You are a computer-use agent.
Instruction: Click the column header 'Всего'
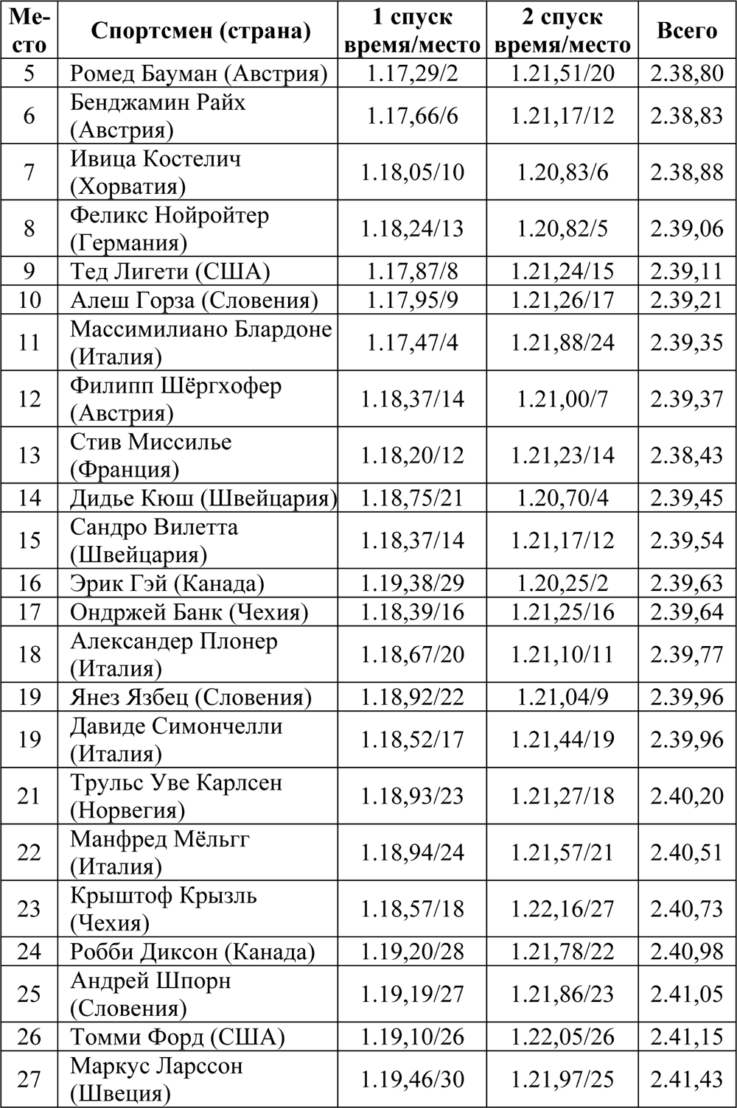(687, 30)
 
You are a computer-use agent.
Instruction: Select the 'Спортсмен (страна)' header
(200, 30)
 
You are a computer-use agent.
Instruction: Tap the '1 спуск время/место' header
(412, 30)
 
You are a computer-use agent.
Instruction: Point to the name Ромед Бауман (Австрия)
(198, 74)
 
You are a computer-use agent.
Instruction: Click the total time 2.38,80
(687, 74)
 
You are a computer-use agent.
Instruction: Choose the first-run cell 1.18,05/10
(412, 172)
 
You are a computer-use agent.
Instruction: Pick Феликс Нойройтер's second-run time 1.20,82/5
(562, 228)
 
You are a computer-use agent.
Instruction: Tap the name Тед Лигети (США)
(170, 271)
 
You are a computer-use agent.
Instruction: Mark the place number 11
(29, 342)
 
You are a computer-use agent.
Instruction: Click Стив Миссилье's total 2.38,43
(687, 455)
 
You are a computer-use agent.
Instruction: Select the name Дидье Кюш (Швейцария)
(203, 498)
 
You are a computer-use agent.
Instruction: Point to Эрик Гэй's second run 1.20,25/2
(562, 583)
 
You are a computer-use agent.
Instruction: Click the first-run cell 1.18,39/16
(412, 612)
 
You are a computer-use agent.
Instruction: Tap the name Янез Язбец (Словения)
(191, 697)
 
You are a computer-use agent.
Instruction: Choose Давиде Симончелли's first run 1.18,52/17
(412, 739)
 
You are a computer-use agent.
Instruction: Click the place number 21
(29, 796)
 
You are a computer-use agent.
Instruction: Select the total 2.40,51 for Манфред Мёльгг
(687, 852)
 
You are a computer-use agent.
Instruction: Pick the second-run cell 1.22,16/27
(562, 908)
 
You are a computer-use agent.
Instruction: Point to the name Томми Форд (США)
(177, 1037)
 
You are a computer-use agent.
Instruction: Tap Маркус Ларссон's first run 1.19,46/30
(412, 1079)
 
